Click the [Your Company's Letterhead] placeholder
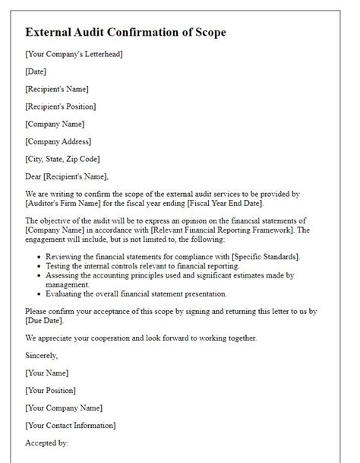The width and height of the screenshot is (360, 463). point(74,54)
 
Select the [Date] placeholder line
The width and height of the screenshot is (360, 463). point(36,71)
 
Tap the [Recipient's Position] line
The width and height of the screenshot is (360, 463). point(61,106)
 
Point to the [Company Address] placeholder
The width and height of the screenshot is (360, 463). point(58,141)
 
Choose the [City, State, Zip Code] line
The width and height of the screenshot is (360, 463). point(62,159)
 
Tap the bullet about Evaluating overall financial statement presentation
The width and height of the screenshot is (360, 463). point(147,293)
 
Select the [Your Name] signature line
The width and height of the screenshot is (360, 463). point(47,373)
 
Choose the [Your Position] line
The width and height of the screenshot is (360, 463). point(52,390)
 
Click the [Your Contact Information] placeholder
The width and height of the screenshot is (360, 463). point(71,425)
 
